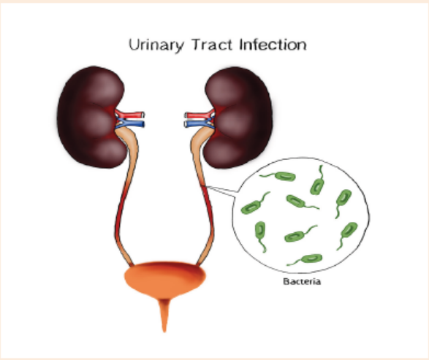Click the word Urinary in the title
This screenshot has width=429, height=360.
click(x=156, y=45)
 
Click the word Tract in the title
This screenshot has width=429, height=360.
click(x=212, y=45)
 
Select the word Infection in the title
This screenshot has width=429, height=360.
click(x=273, y=45)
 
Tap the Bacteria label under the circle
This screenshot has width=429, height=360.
click(x=302, y=281)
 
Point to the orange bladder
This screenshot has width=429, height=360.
click(x=164, y=279)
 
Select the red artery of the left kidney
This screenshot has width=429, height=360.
click(x=129, y=114)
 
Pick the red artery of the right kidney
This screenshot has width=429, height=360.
click(x=200, y=115)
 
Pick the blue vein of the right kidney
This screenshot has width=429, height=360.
click(x=200, y=124)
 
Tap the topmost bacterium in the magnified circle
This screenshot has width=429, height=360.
click(x=318, y=182)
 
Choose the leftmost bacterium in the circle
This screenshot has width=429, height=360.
click(x=254, y=204)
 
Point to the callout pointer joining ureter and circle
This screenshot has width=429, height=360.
click(x=221, y=191)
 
